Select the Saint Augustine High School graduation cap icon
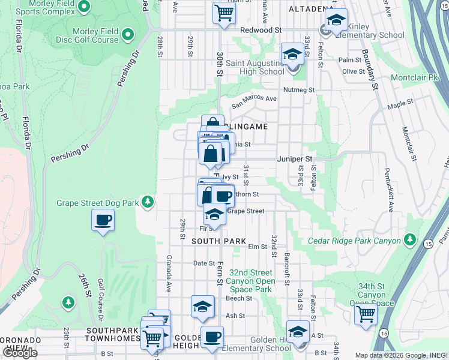(292, 55)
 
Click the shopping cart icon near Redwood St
(224, 12)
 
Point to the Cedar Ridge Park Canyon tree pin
(411, 240)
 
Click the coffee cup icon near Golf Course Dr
(103, 220)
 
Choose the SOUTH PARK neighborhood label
(218, 241)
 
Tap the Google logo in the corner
(20, 353)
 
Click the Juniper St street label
(295, 159)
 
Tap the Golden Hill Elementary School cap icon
(298, 331)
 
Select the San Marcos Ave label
(258, 99)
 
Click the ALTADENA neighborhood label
(310, 9)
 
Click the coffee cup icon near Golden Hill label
(212, 337)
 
